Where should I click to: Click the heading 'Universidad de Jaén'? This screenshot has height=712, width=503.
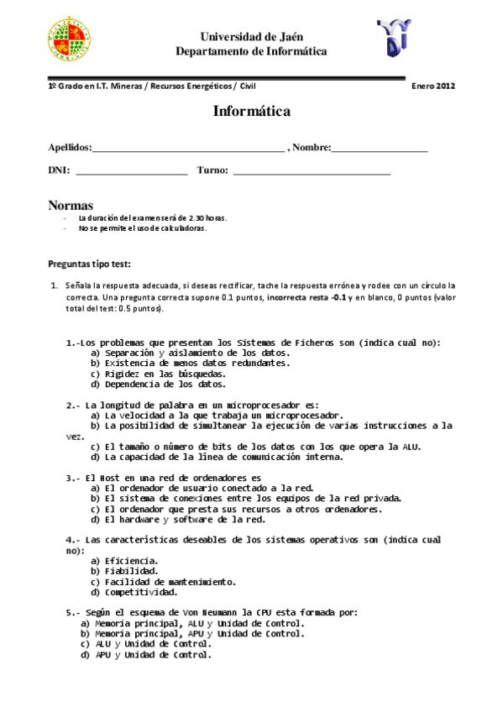pyautogui.click(x=251, y=37)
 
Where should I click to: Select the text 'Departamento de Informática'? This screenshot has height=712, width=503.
pyautogui.click(x=251, y=51)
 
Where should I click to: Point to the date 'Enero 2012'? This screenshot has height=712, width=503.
pyautogui.click(x=432, y=86)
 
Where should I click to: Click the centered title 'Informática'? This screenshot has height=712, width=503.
pyautogui.click(x=251, y=111)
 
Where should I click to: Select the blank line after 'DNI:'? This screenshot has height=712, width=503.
pyautogui.click(x=132, y=170)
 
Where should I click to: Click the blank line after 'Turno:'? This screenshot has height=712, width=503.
pyautogui.click(x=312, y=170)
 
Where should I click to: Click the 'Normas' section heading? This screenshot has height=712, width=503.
pyautogui.click(x=71, y=206)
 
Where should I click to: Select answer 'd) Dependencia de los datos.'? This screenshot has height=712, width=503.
pyautogui.click(x=158, y=384)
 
